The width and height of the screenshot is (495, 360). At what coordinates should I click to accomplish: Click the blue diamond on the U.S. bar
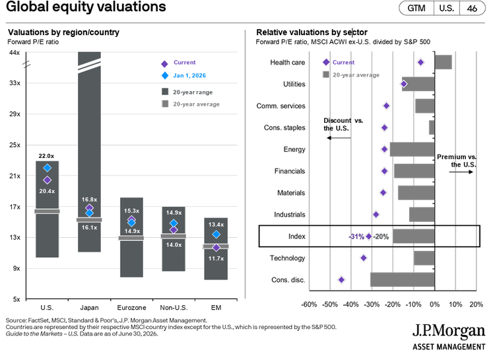pyautogui.click(x=48, y=168)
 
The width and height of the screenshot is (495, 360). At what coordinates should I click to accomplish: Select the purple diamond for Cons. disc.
pyautogui.click(x=341, y=279)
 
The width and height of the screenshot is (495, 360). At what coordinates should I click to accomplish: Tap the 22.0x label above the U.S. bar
pyautogui.click(x=46, y=156)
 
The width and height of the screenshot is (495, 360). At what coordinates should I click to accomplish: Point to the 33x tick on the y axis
pyautogui.click(x=15, y=83)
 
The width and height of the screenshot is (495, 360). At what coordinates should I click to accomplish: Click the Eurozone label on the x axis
pyautogui.click(x=131, y=308)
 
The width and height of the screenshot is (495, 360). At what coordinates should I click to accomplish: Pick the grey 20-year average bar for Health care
pyautogui.click(x=444, y=62)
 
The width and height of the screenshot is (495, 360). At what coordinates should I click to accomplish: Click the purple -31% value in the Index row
pyautogui.click(x=356, y=236)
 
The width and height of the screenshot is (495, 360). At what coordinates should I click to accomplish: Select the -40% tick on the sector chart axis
pyautogui.click(x=351, y=305)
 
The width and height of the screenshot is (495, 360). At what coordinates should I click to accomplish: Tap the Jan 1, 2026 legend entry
pyautogui.click(x=183, y=75)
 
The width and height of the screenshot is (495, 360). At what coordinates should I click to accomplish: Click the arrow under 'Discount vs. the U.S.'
pyautogui.click(x=339, y=138)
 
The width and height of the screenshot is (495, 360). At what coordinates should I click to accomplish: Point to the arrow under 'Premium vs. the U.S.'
pyautogui.click(x=461, y=172)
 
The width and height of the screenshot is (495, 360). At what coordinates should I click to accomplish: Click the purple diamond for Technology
pyautogui.click(x=364, y=258)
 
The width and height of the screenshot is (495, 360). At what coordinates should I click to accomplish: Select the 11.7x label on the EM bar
pyautogui.click(x=216, y=258)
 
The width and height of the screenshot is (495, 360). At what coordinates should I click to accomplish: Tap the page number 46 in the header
pyautogui.click(x=472, y=9)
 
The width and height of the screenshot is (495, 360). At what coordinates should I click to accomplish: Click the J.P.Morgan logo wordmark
pyautogui.click(x=449, y=331)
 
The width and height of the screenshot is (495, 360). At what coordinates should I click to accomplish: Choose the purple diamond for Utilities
pyautogui.click(x=404, y=84)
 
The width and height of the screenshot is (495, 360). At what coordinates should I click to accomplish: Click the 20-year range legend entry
pyautogui.click(x=187, y=92)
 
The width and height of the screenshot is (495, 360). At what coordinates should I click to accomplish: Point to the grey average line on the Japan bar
pyautogui.click(x=89, y=220)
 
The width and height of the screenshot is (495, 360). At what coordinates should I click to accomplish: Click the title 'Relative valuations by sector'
pyautogui.click(x=312, y=32)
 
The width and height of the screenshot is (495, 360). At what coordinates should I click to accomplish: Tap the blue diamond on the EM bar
pyautogui.click(x=216, y=234)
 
